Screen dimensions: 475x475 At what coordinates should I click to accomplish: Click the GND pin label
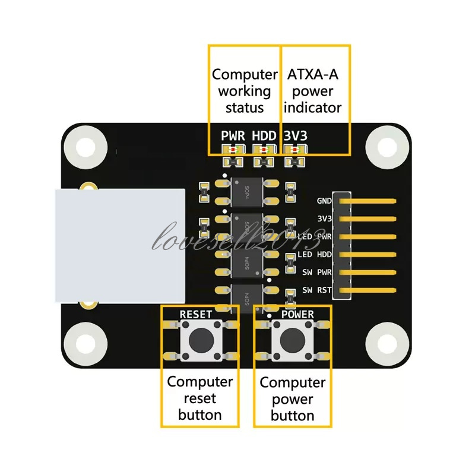coord(324,201)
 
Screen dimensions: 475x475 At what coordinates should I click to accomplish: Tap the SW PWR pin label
coord(316,273)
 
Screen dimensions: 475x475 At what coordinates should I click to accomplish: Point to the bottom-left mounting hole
coord(85,343)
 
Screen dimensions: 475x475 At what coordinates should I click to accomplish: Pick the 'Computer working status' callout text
coord(245,91)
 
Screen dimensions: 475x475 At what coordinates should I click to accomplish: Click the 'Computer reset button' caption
coord(199,398)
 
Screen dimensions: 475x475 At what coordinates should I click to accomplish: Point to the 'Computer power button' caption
coord(292,398)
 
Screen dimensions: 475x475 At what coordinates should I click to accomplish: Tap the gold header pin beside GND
coord(368,201)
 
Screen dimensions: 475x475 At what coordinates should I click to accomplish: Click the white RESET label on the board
coord(199,313)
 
